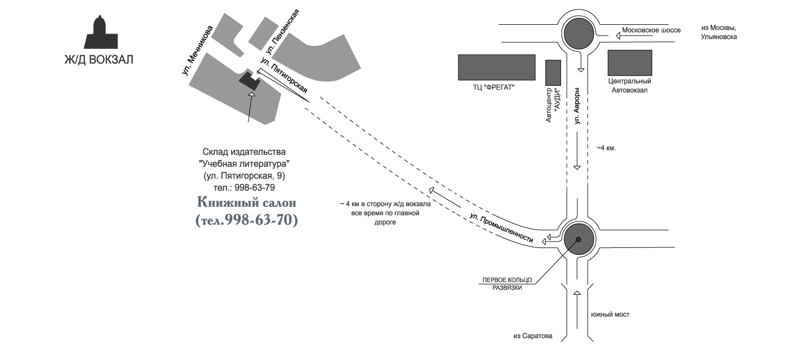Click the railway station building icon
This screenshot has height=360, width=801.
coord(98,33)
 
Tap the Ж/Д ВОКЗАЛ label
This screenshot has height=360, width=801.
coord(98,60)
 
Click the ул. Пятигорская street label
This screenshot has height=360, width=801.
coord(284,79)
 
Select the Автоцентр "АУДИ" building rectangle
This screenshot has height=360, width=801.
coord(553,72)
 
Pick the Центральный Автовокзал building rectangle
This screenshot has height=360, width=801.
coord(630,63)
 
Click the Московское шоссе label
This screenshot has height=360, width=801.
coord(651,30)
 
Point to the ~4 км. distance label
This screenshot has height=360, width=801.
coord(606,148)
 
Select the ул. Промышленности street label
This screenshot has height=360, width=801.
coord(502,228)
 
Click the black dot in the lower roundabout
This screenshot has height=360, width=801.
coord(578,239)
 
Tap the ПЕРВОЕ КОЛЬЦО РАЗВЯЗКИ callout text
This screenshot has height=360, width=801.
coord(507,283)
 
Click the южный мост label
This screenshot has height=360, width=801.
coord(610,315)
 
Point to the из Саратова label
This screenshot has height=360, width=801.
coord(533,336)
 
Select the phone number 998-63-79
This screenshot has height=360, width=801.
coord(257,187)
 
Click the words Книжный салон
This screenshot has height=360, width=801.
coord(247,202)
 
